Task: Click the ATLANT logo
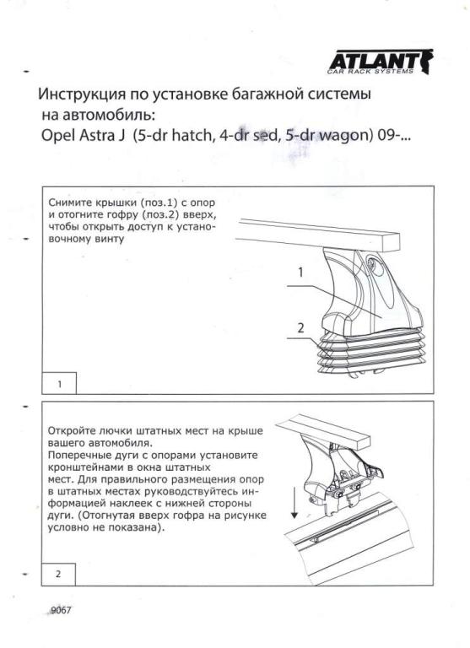pos(381,62)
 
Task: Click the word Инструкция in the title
pos(81,94)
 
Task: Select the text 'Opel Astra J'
pos(83,135)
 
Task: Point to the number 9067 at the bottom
pos(61,610)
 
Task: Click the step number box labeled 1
pos(59,384)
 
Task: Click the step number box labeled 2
pos(58,574)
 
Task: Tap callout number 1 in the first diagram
pos(301,273)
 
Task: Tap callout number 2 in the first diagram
pos(300,327)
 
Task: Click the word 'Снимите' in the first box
pos(69,202)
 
